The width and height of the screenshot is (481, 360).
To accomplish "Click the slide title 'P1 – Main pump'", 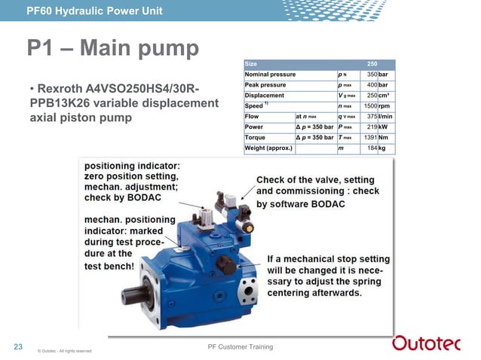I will (x=113, y=50).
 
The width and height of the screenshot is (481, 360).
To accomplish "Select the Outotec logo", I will (x=431, y=344).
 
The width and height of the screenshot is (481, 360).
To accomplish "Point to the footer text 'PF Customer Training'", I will (x=240, y=346).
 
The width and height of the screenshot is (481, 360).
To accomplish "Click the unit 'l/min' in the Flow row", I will (x=384, y=117).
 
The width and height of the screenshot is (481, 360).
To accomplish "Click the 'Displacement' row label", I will (x=264, y=96).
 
